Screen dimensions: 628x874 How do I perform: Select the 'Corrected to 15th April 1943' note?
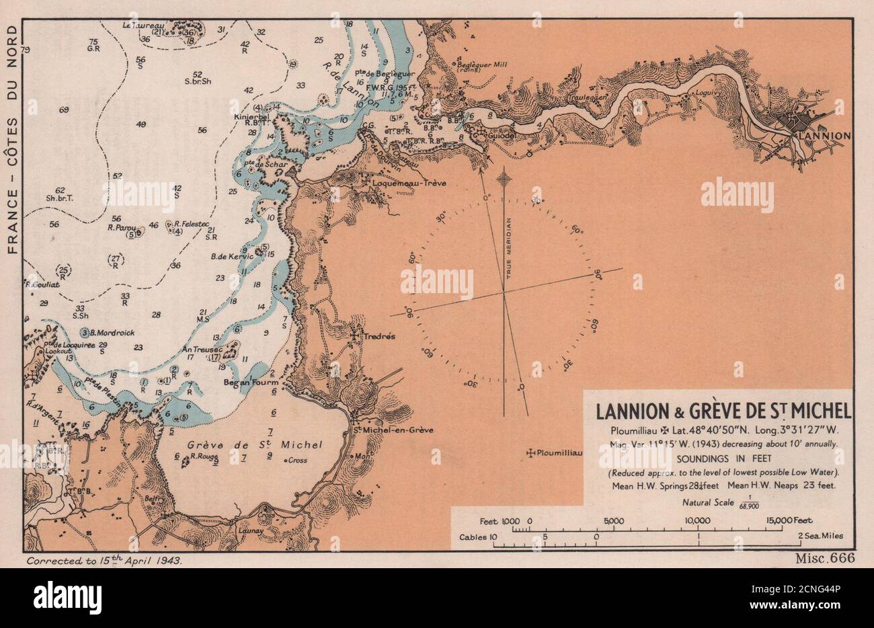(104, 559)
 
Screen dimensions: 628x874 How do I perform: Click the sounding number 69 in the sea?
(65, 110)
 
